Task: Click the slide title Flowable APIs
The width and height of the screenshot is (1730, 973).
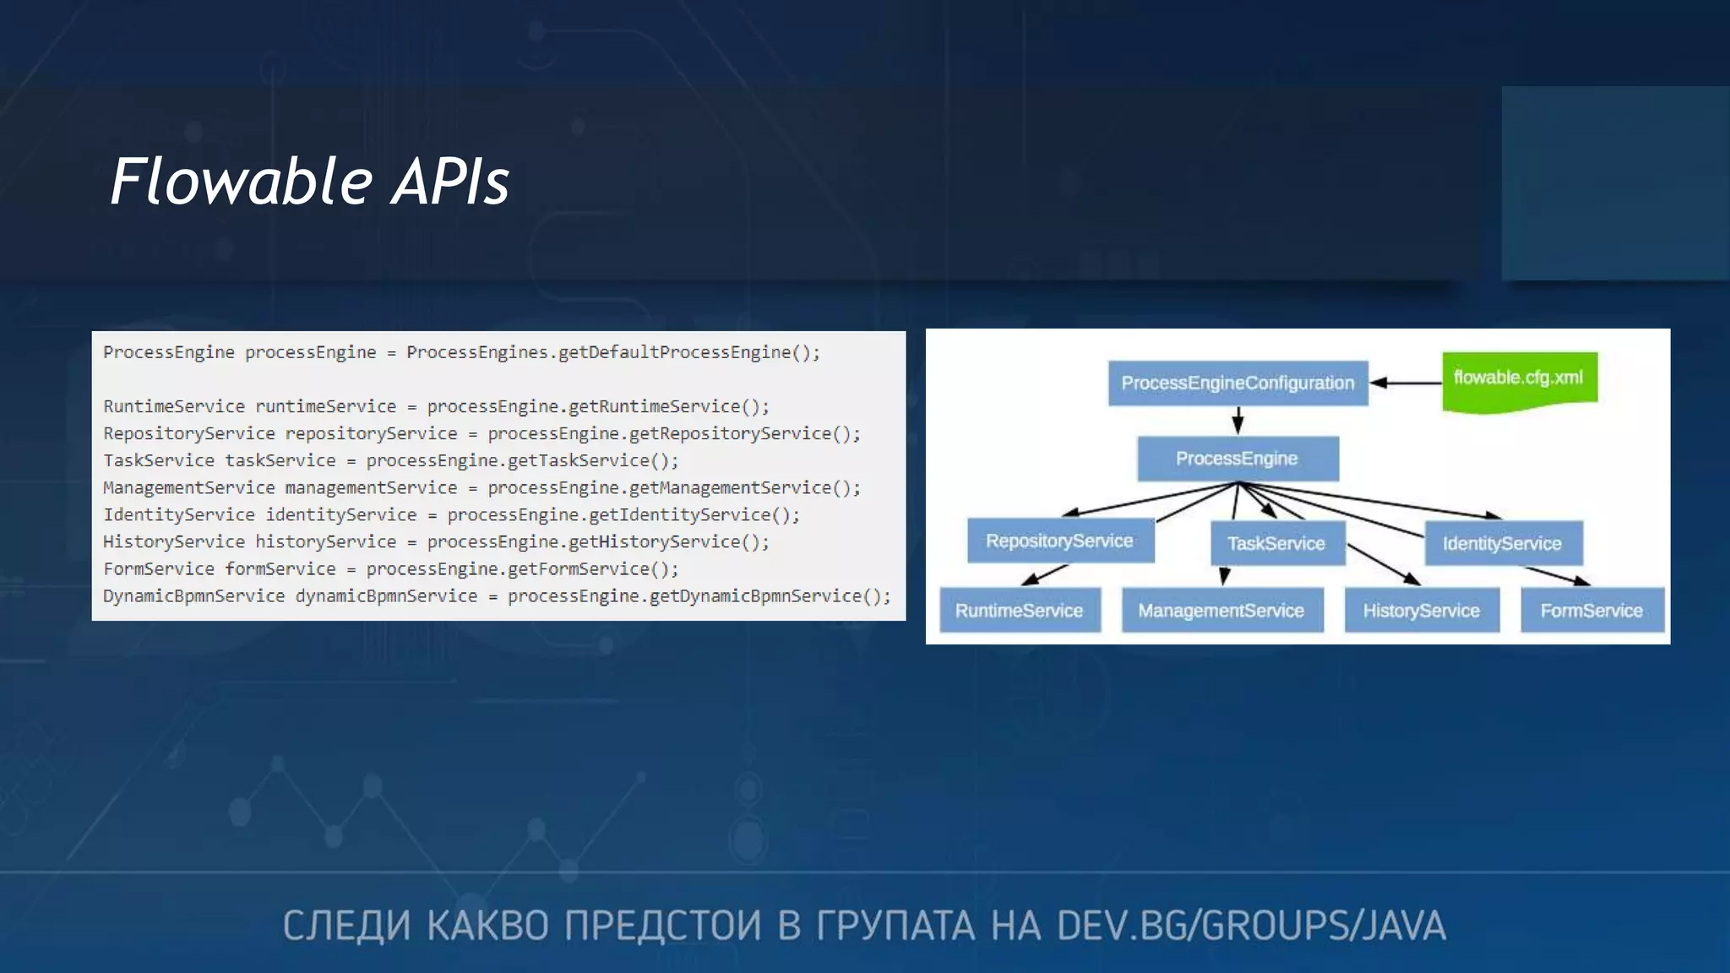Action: (310, 182)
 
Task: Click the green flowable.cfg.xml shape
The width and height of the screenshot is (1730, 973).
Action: (1519, 380)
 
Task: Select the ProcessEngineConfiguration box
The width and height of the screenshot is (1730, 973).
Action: (1238, 383)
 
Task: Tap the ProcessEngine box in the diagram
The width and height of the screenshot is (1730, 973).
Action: (1238, 459)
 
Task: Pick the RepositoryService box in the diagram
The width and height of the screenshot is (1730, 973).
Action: (1059, 541)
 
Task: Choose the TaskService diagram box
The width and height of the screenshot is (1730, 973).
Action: (1276, 544)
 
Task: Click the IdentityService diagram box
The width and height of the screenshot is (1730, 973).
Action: (1502, 544)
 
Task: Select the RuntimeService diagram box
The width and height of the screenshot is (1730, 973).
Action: (1019, 611)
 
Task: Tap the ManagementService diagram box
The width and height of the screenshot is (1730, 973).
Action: (1221, 611)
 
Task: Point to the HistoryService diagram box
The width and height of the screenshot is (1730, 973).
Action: (1421, 611)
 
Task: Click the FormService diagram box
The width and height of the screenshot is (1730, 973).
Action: (1591, 611)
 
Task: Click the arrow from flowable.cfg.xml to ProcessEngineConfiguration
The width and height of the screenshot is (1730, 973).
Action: (1406, 383)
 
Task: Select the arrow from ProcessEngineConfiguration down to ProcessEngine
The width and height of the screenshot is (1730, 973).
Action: (1238, 421)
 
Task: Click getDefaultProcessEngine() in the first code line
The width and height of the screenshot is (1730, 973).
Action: (688, 352)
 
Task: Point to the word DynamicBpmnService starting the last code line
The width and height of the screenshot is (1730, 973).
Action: (193, 596)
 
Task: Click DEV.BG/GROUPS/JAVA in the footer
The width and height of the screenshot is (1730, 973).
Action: (1250, 927)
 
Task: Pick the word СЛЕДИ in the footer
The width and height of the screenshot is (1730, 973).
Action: (346, 927)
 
